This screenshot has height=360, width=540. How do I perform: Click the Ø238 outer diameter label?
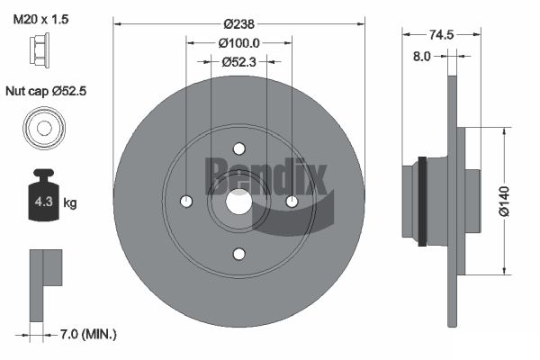[x=238, y=24]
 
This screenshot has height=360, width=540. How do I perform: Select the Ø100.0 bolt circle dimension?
[x=239, y=43]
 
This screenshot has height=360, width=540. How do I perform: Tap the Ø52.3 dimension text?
[x=239, y=62]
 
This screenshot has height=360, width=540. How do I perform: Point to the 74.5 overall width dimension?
[x=442, y=34]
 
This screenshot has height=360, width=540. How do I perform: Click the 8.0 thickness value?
[x=422, y=56]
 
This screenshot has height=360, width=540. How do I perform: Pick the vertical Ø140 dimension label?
[x=504, y=202]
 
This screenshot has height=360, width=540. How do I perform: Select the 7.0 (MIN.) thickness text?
[x=88, y=334]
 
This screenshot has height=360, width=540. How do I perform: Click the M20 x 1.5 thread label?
[x=40, y=19]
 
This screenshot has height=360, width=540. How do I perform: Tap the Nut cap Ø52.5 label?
[x=46, y=91]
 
